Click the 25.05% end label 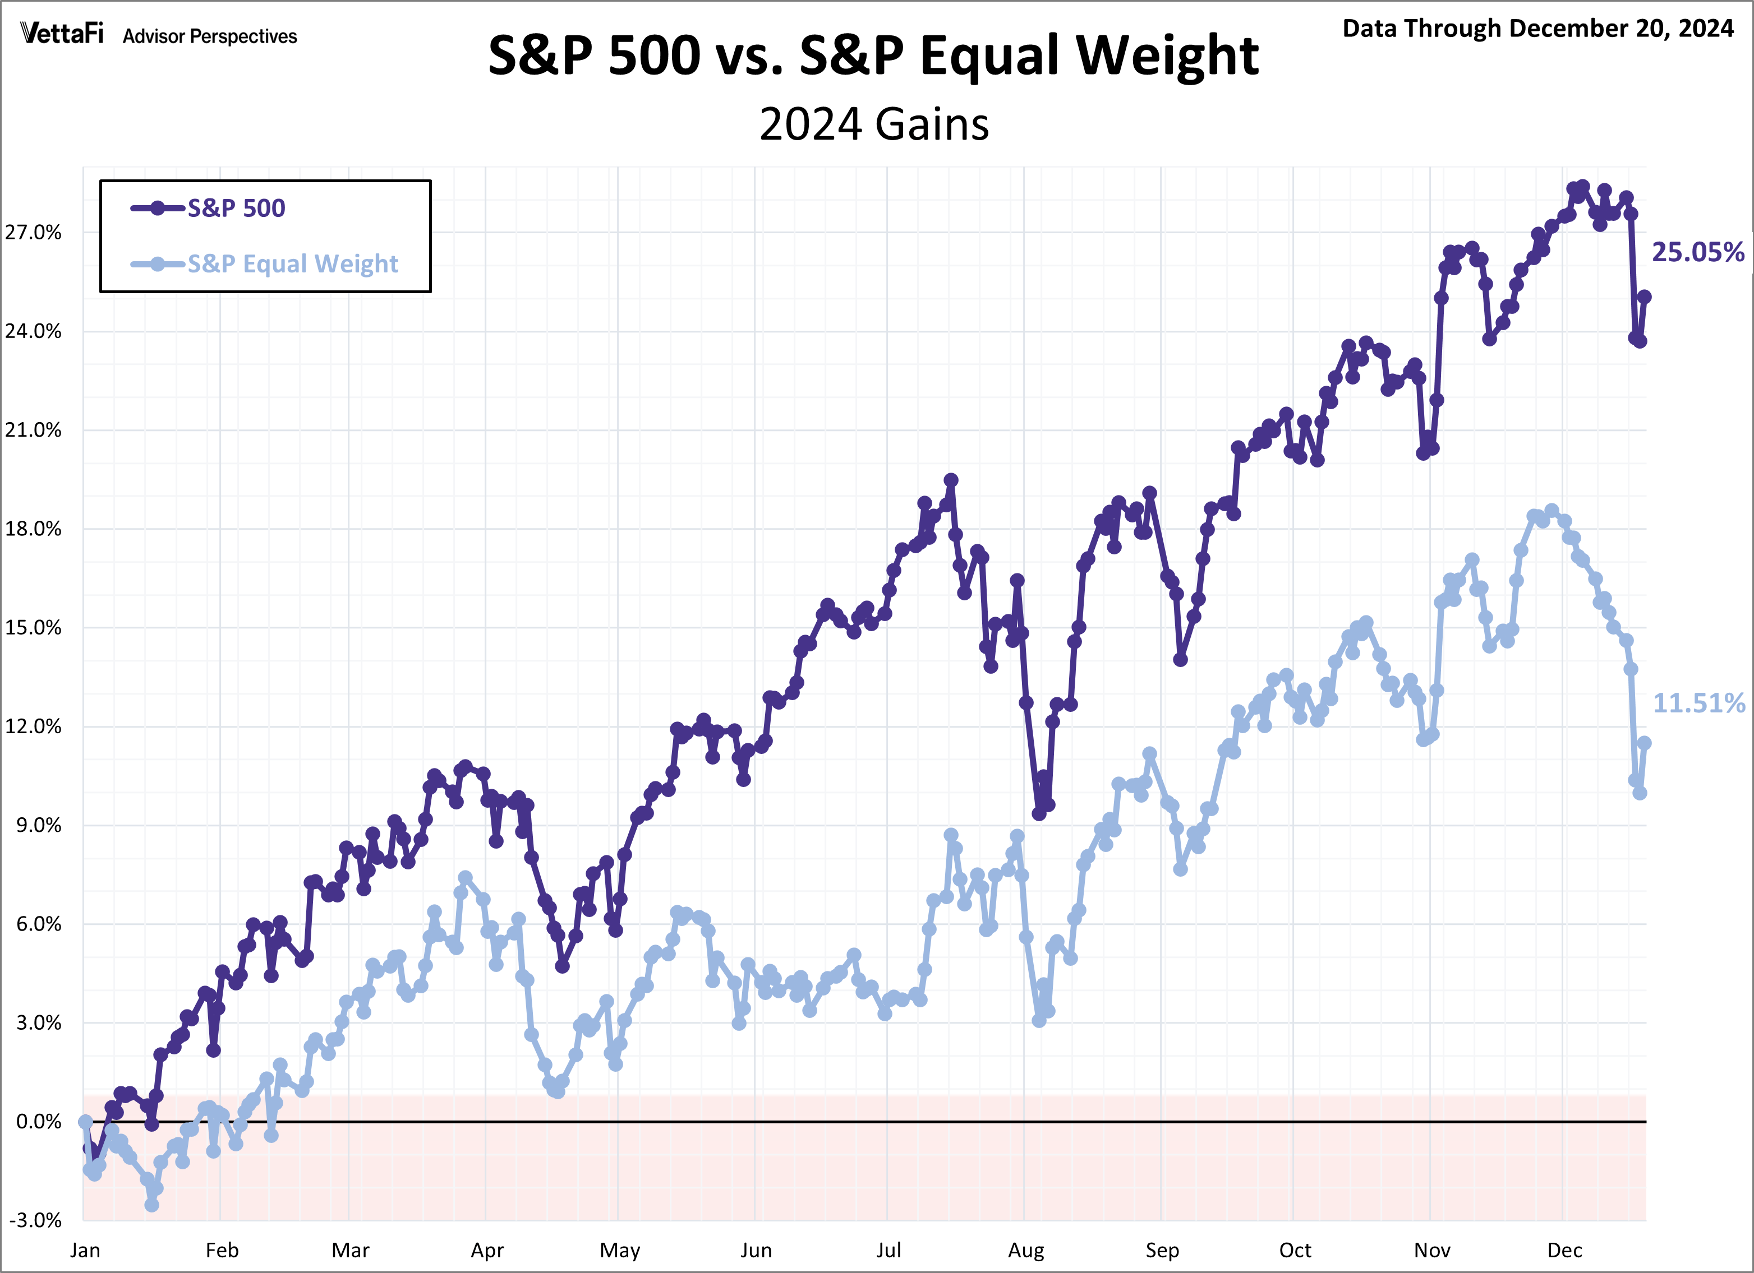(x=1697, y=252)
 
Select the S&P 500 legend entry (x=236, y=208)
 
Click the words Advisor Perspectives (x=210, y=36)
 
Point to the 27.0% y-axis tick (x=33, y=233)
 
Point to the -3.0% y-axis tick (x=35, y=1220)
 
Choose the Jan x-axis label (x=85, y=1250)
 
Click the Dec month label (x=1564, y=1250)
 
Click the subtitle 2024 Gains (x=874, y=124)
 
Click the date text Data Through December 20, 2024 (x=1537, y=29)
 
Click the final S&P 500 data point (x=1644, y=297)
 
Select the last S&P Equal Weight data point (x=1644, y=743)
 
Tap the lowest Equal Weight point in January (x=151, y=1204)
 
